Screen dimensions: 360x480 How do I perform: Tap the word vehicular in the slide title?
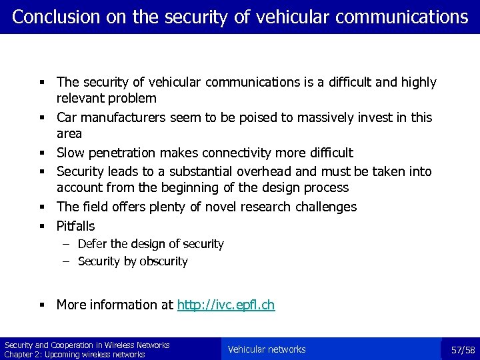[x=297, y=17]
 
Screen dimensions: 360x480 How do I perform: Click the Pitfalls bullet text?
[x=75, y=226]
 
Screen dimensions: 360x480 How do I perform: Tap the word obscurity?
[x=163, y=261]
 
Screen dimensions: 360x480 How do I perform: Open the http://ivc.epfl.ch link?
[x=225, y=305]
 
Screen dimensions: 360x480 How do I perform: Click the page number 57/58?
[x=463, y=350]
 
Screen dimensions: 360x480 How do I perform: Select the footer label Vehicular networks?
[x=267, y=349]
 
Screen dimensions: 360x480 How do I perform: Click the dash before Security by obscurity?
[x=67, y=261]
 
